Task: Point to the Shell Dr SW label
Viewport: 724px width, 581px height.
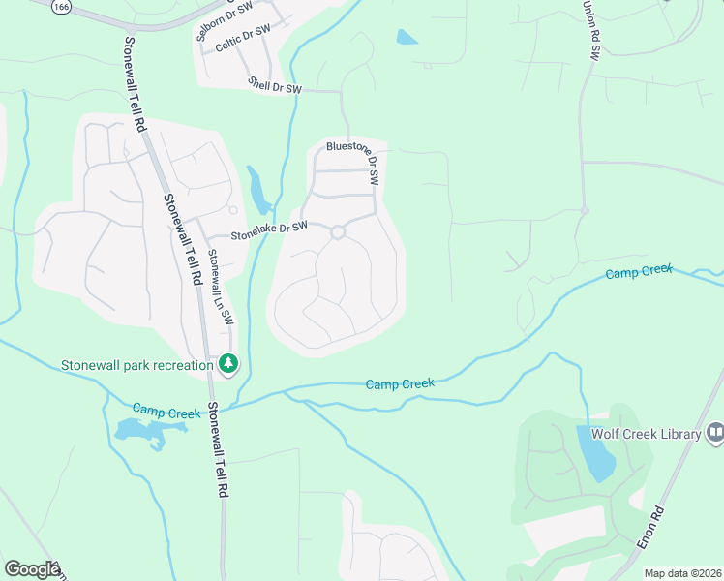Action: tap(275, 86)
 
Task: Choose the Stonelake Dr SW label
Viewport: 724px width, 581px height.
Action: tap(268, 229)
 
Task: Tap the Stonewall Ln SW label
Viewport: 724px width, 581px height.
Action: tap(221, 289)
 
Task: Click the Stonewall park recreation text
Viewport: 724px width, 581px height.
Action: tap(136, 365)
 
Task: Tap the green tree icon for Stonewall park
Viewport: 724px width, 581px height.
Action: tap(228, 364)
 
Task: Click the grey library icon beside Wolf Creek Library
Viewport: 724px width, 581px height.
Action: tap(715, 432)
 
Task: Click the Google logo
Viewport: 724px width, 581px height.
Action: tap(31, 569)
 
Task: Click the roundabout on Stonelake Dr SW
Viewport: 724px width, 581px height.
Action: tap(338, 232)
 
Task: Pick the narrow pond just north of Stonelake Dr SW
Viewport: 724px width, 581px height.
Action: tap(258, 191)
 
